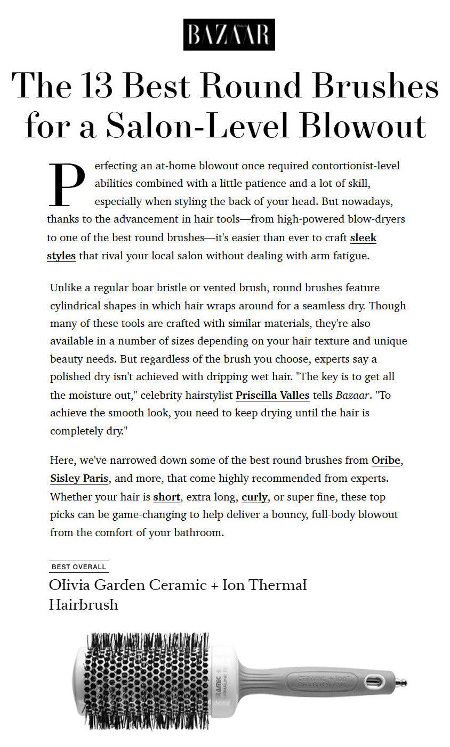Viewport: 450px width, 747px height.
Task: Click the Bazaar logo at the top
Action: [x=229, y=35]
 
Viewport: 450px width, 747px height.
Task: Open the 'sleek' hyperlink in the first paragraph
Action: [x=363, y=237]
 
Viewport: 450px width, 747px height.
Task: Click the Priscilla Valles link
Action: [x=272, y=395]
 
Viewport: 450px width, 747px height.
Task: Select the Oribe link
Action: [x=385, y=460]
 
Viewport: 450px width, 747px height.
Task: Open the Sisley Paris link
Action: [x=79, y=478]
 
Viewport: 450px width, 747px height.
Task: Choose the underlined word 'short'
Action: [x=166, y=497]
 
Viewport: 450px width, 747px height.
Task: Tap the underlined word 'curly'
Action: [x=254, y=497]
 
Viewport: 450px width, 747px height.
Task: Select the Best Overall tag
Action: [x=79, y=567]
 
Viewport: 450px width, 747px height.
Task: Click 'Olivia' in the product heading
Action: [x=70, y=585]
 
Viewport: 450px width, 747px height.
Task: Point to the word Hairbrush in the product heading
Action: [x=84, y=604]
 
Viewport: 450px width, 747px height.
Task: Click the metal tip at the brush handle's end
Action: [x=402, y=682]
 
